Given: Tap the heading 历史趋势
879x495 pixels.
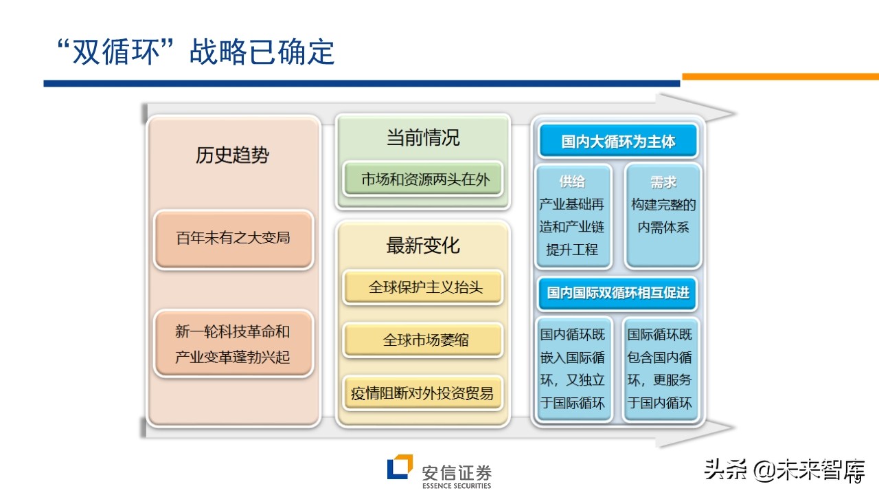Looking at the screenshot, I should point(232,155).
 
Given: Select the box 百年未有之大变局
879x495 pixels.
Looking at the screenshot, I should point(233,239).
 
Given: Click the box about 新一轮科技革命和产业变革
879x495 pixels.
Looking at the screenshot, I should point(233,344).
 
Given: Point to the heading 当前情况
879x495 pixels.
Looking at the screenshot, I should point(422,137).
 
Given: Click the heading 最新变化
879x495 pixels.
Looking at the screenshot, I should point(422,245).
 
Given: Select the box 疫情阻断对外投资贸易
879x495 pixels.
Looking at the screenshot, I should point(422,394).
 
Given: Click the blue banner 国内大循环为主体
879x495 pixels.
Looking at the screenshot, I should point(618,142).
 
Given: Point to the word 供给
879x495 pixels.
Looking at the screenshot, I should point(572,182).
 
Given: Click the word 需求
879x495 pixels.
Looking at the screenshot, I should point(663,182).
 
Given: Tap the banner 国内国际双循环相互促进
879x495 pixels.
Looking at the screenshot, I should point(618,292).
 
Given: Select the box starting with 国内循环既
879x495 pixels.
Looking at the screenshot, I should point(573,369).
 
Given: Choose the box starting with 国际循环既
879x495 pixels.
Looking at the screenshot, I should point(660,369).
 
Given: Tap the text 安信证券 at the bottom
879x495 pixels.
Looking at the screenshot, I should point(457,472).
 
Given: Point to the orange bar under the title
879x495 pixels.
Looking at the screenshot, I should point(779,76).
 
